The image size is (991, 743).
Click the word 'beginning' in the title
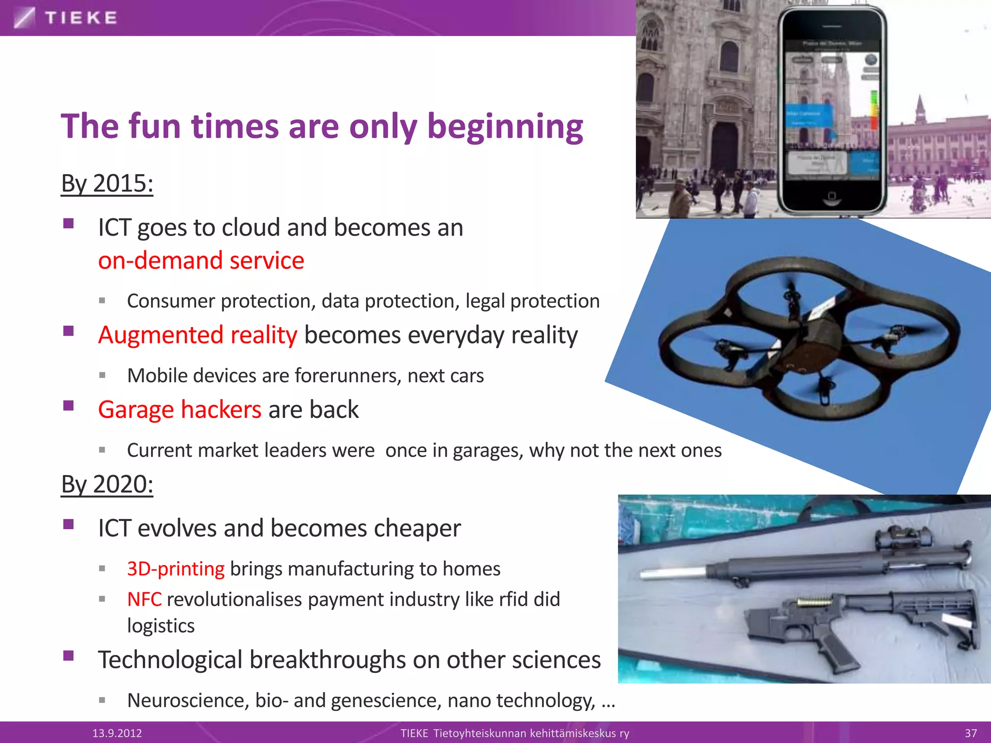tap(505, 127)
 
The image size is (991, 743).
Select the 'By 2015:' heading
tap(107, 184)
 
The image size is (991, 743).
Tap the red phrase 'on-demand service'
tap(201, 261)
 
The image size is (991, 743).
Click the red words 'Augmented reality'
tap(197, 335)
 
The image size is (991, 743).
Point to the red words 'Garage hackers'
tap(180, 410)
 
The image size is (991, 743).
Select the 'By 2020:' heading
tap(107, 484)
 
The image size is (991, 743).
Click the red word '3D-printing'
tap(176, 569)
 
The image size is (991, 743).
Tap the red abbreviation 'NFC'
tap(144, 599)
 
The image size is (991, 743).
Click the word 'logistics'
tap(161, 626)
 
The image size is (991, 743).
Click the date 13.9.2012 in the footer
tap(117, 733)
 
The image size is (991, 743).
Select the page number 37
tap(971, 733)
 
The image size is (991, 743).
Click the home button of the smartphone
tap(831, 196)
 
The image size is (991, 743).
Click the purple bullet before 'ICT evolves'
tap(68, 525)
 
